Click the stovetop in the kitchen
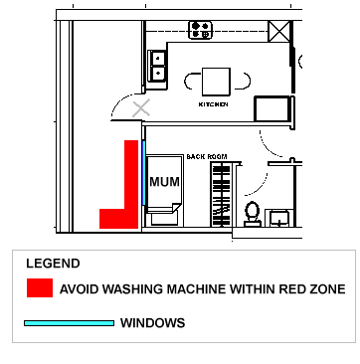point(202,30)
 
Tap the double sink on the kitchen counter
point(157,66)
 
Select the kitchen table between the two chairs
point(216,80)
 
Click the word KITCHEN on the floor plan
point(214,103)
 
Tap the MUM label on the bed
point(162,183)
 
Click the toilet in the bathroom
point(253,214)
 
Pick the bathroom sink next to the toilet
point(280,217)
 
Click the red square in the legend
point(39,288)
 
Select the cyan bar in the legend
point(69,323)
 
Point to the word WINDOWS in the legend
point(152,323)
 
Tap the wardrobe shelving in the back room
point(221,193)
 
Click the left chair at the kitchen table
point(192,81)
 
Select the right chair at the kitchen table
point(242,81)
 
